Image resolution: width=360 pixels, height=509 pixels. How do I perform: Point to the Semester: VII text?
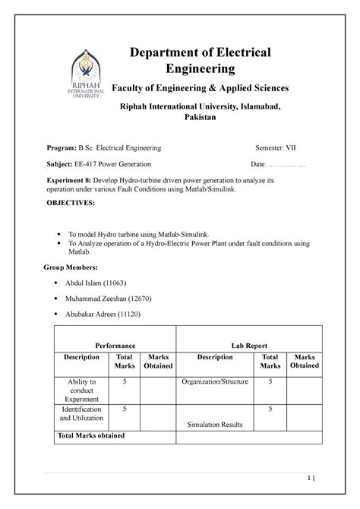coord(278,146)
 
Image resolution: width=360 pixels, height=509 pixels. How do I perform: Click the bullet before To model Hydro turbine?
coord(61,235)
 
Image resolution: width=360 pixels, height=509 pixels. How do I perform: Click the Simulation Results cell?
coord(215,425)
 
